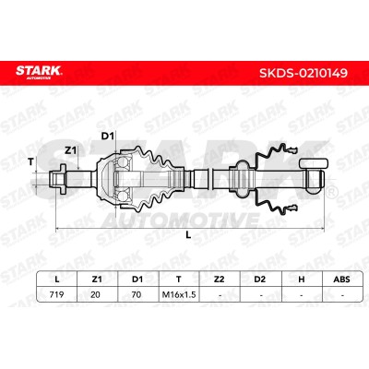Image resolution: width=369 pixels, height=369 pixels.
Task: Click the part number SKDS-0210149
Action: click(x=304, y=73)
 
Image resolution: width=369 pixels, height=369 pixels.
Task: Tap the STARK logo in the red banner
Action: click(x=39, y=72)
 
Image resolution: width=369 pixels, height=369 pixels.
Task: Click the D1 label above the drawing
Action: click(x=108, y=137)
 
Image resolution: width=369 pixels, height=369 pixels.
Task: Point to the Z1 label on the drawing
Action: click(x=70, y=150)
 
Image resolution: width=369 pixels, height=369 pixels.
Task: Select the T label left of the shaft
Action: click(x=30, y=162)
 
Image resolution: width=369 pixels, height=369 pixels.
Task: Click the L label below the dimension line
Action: click(x=188, y=235)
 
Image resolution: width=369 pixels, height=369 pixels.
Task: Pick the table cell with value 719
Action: click(x=56, y=294)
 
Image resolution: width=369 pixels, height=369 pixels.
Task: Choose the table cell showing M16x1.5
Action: click(x=179, y=294)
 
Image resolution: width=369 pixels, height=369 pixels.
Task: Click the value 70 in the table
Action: click(x=137, y=294)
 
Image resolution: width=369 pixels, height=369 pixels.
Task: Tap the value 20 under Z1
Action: click(x=95, y=294)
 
